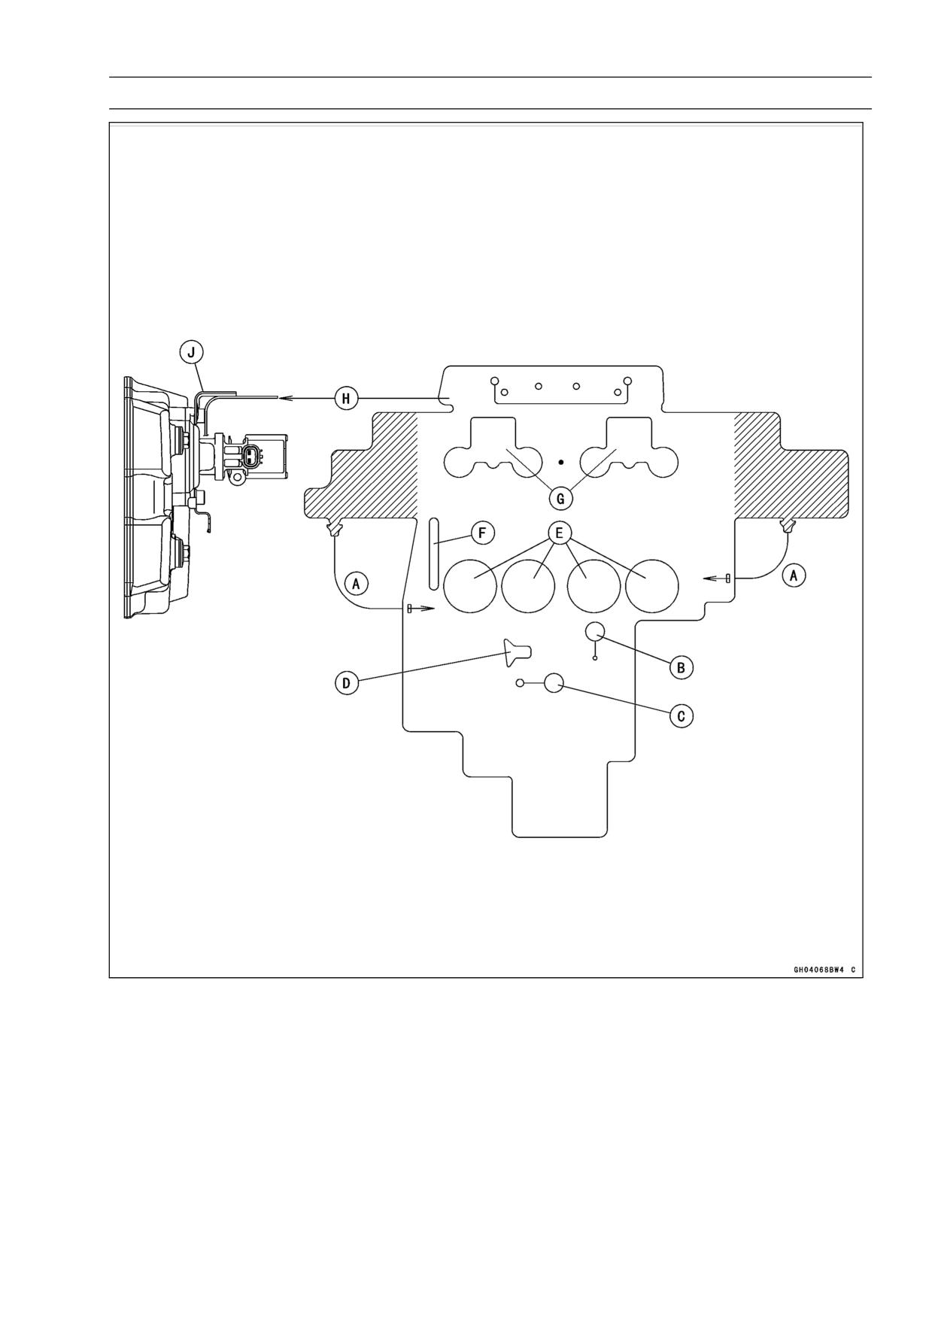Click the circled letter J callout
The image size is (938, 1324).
(191, 351)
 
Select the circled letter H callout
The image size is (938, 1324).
(346, 398)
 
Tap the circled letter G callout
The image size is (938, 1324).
(560, 498)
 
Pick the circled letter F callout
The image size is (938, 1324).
(483, 534)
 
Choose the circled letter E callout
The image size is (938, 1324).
(559, 533)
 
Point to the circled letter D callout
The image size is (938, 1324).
(346, 683)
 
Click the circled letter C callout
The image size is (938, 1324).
(681, 715)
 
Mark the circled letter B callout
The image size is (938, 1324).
(681, 667)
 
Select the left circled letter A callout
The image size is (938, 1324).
(357, 582)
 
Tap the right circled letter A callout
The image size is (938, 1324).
(794, 575)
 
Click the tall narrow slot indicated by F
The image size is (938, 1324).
(433, 553)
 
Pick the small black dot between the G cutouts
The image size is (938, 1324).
(561, 462)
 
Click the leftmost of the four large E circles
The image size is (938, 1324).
(470, 586)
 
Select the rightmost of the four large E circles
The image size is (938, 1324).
(652, 586)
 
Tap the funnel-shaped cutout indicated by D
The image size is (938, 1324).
(518, 651)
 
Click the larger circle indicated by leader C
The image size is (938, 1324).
(554, 683)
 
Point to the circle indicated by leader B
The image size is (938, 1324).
(595, 632)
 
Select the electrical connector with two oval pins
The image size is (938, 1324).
(253, 454)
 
